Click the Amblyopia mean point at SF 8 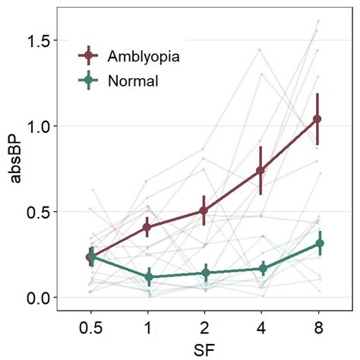pyautogui.click(x=317, y=119)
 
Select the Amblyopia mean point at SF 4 pyautogui.click(x=261, y=170)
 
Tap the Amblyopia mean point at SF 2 pyautogui.click(x=205, y=210)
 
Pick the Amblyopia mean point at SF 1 pyautogui.click(x=148, y=227)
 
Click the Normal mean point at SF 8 pyautogui.click(x=320, y=244)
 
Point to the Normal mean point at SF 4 pyautogui.click(x=263, y=268)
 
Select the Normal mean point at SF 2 pyautogui.click(x=206, y=273)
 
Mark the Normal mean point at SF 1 pyautogui.click(x=150, y=277)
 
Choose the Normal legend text pyautogui.click(x=133, y=81)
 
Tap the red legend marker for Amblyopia pyautogui.click(x=90, y=55)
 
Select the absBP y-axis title pyautogui.click(x=14, y=169)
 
